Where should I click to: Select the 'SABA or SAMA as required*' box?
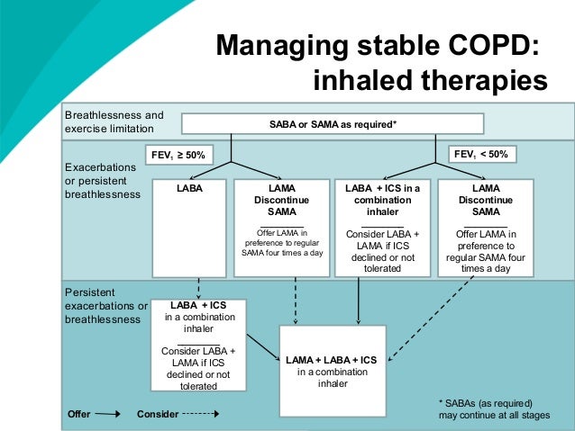coord(333,124)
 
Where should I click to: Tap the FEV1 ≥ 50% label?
coord(178,155)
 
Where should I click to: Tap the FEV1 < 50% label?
coord(480,155)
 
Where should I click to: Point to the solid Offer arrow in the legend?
coord(107,415)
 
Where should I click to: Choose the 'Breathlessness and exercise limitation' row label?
coord(114,122)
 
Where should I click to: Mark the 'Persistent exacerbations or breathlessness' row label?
coord(106,306)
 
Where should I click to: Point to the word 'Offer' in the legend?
coord(79,415)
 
